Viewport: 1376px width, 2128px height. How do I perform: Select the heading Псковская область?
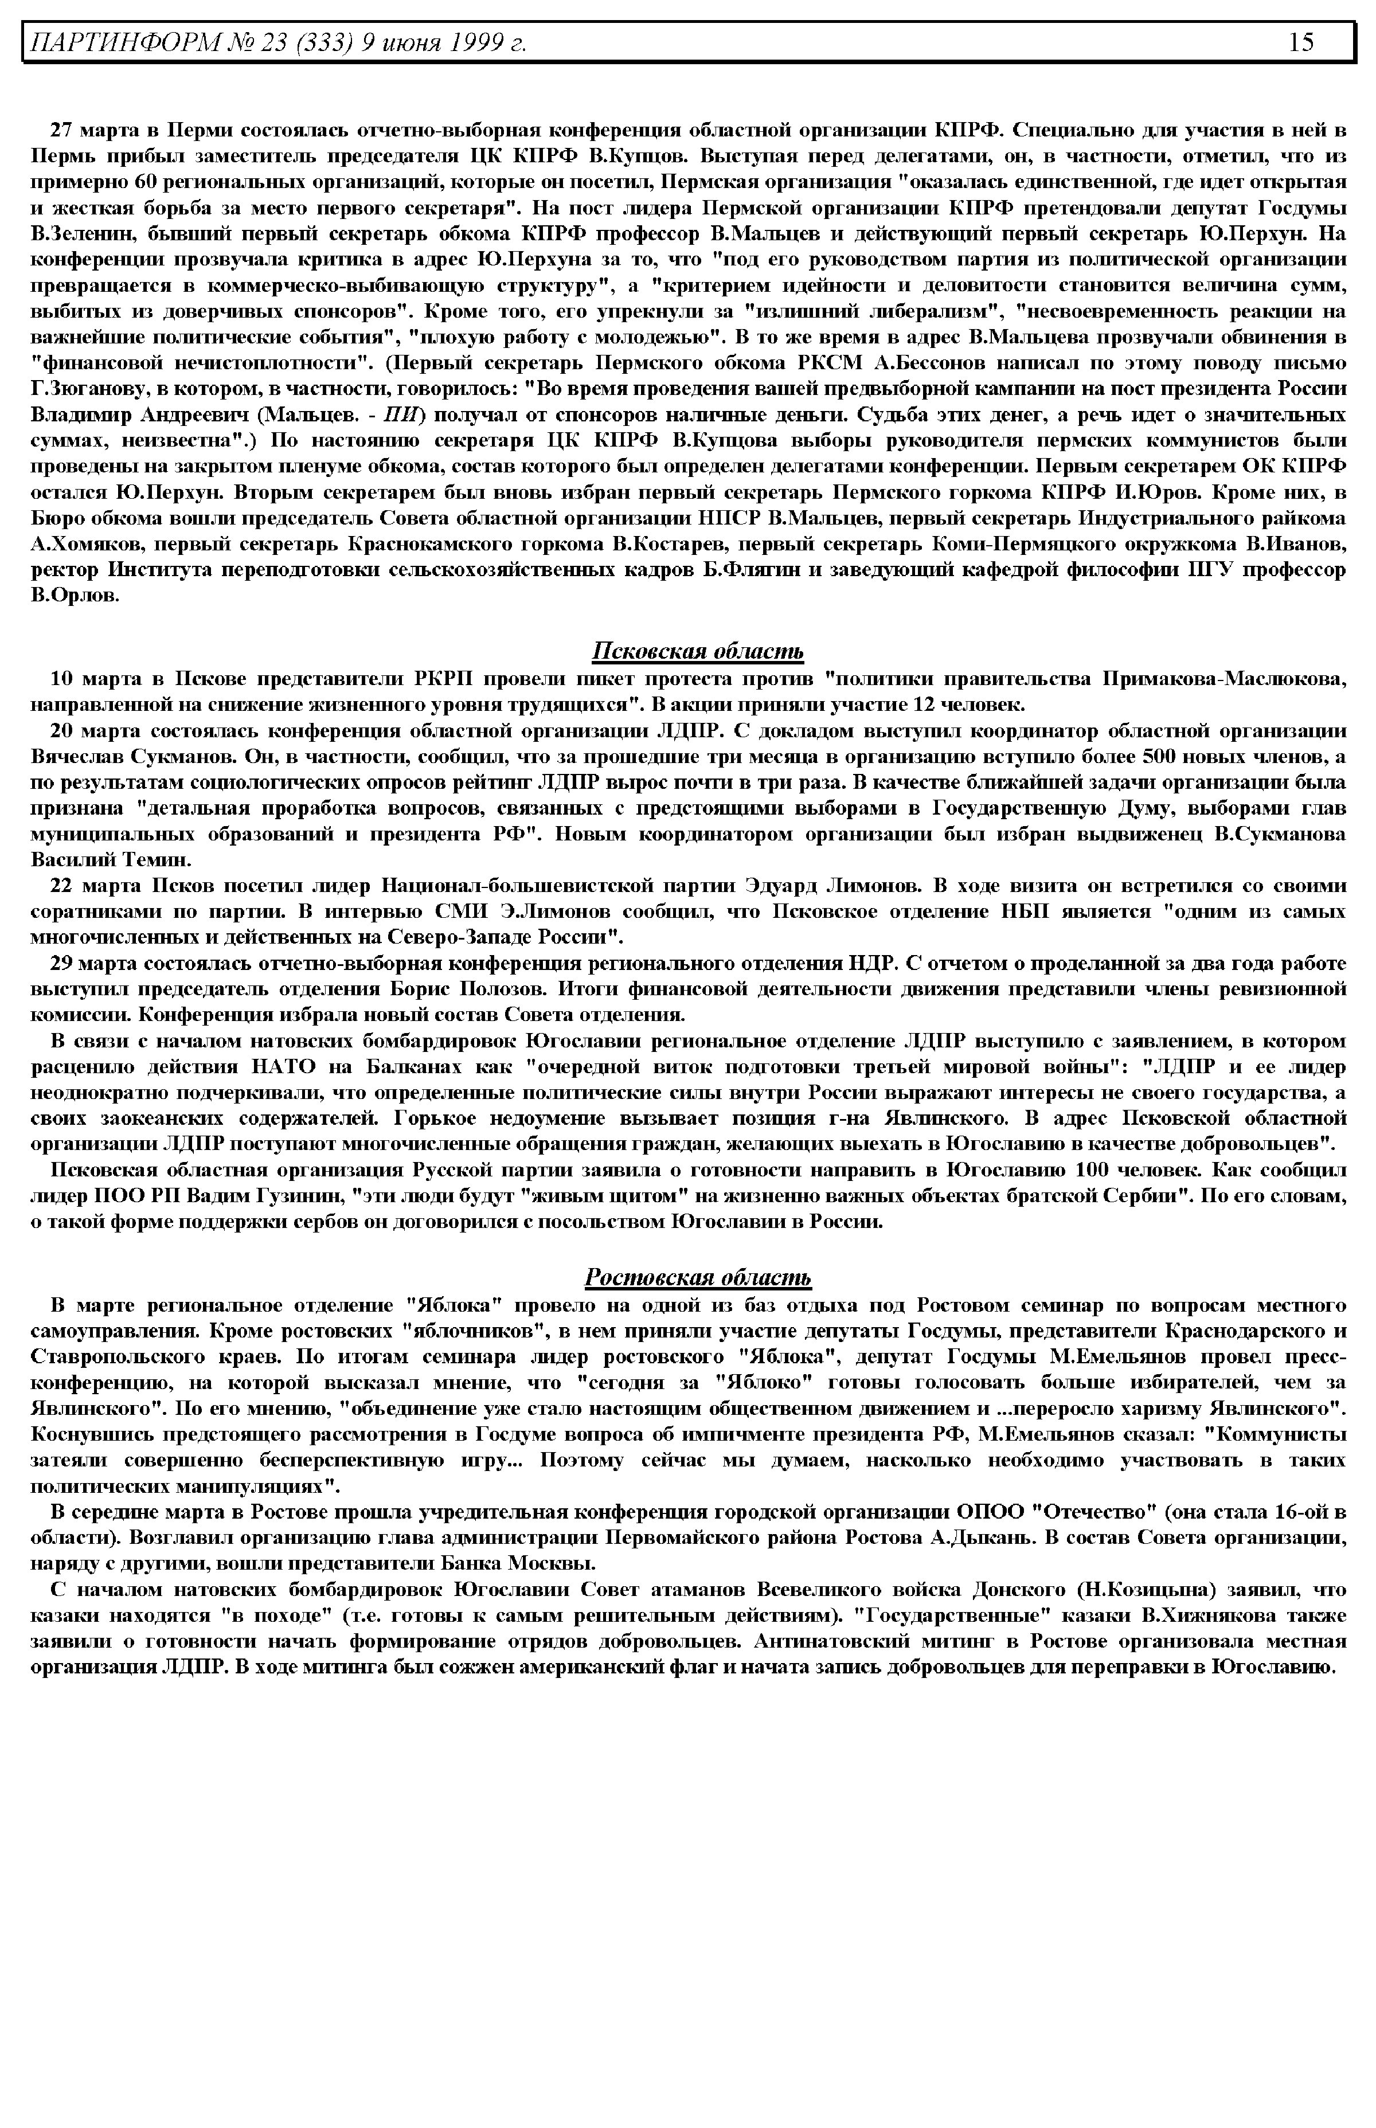point(698,651)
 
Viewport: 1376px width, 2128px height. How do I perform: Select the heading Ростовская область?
point(698,1277)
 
